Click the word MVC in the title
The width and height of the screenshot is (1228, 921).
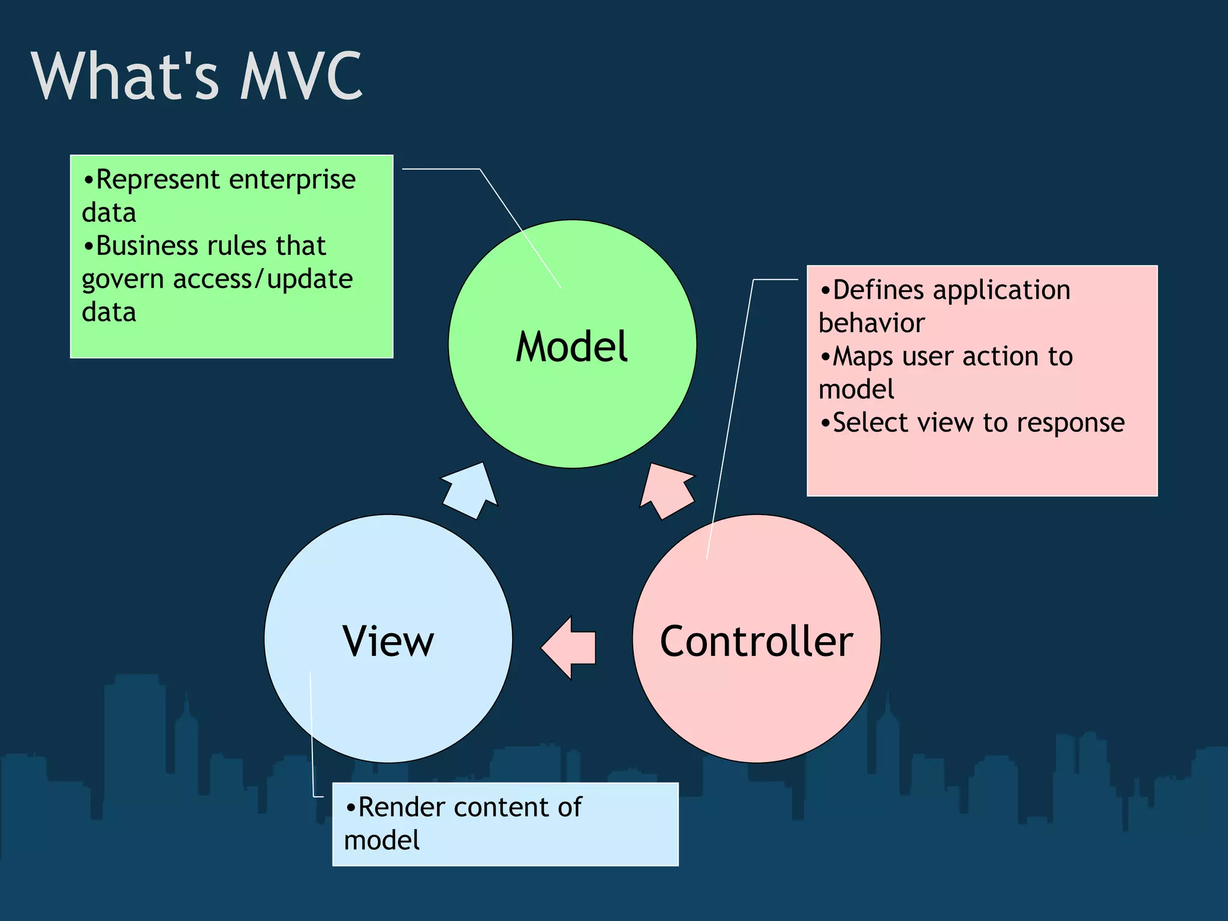coord(301,76)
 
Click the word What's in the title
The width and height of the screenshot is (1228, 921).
coord(125,76)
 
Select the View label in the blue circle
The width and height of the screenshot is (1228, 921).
coord(388,641)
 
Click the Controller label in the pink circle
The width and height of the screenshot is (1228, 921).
coord(756,641)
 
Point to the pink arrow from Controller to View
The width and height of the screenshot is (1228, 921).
coord(570,648)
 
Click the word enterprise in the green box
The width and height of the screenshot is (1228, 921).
coord(292,180)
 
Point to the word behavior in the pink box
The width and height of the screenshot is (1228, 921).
coord(871,323)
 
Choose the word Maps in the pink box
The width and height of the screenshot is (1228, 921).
coord(863,357)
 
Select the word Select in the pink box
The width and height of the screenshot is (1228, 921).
coord(871,423)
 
